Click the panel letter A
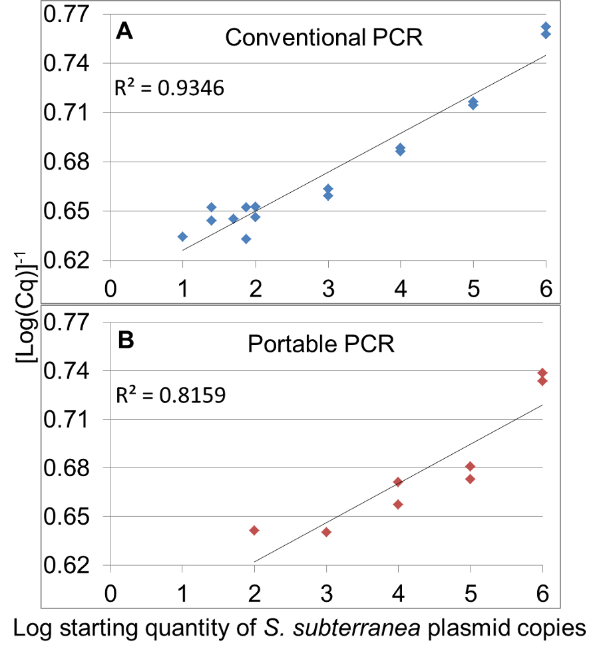pyautogui.click(x=126, y=31)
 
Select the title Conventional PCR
pyautogui.click(x=323, y=37)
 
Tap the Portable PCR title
pyautogui.click(x=321, y=345)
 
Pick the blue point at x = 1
pyautogui.click(x=182, y=237)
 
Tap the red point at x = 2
pyautogui.click(x=254, y=530)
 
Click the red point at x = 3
pyautogui.click(x=326, y=532)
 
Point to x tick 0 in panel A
pyautogui.click(x=110, y=290)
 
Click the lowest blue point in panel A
pyautogui.click(x=246, y=239)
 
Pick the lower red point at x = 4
pyautogui.click(x=398, y=504)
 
